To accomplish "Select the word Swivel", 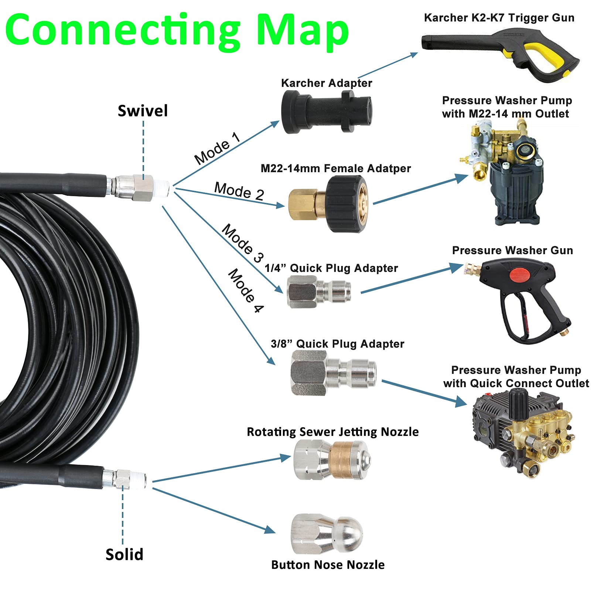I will click(143, 111).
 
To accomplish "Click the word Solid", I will click(124, 554).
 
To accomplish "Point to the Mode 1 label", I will click(218, 148).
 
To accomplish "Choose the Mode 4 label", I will click(245, 291).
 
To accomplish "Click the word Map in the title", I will click(303, 30).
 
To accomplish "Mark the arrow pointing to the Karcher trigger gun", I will click(388, 66).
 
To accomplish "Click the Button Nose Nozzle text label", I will click(328, 565).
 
